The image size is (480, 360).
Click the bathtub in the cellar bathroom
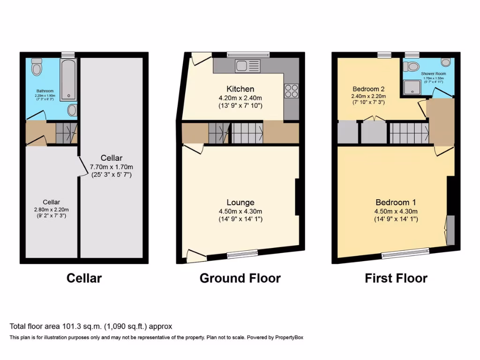[69, 79]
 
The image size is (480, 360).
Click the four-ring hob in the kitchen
[290, 90]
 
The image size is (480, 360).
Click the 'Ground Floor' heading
[240, 278]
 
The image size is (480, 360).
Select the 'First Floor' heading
[396, 278]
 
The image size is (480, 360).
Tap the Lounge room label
[240, 202]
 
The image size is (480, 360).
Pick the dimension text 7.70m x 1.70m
[112, 166]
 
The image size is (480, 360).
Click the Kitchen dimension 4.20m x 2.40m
[240, 97]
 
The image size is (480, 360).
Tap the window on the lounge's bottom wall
[242, 254]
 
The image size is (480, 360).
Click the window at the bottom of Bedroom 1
[405, 254]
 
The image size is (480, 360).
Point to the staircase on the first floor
[409, 133]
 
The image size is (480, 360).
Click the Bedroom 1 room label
[396, 202]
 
